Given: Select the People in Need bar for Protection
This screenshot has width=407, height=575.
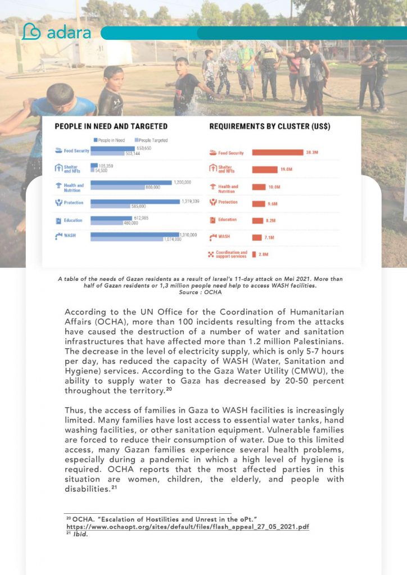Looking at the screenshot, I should pyautogui.click(x=135, y=200).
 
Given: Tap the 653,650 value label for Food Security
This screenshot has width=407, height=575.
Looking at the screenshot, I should pyautogui.click(x=144, y=148).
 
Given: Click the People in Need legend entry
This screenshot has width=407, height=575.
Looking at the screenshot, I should pyautogui.click(x=110, y=140).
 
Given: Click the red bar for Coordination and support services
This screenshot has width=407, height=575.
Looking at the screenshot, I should pyautogui.click(x=254, y=254).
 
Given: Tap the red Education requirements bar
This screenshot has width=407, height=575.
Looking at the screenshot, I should pyautogui.click(x=260, y=220).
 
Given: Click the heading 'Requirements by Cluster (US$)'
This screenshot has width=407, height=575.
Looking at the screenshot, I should pyautogui.click(x=269, y=127).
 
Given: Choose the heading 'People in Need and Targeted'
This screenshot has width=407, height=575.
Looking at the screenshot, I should pyautogui.click(x=111, y=127).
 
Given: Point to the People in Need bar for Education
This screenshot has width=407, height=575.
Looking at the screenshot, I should pyautogui.click(x=113, y=218).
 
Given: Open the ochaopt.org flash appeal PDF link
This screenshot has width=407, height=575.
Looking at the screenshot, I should pyautogui.click(x=188, y=527).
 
